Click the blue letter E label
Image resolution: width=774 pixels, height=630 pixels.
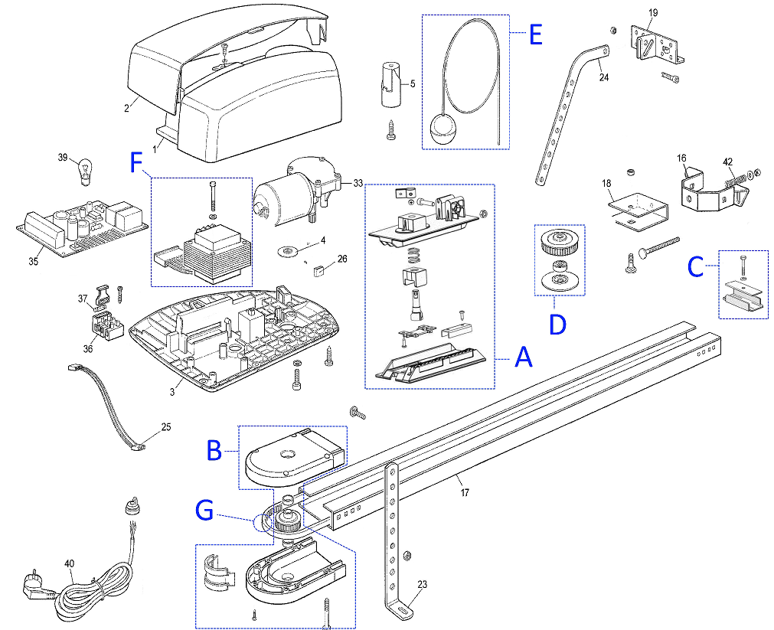536,34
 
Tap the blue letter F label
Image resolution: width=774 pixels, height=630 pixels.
136,162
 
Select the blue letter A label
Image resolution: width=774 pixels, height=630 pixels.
523,357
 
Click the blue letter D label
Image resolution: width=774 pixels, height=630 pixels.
558,325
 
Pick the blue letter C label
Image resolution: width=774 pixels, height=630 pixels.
695,267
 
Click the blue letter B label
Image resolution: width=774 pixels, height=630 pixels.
214,450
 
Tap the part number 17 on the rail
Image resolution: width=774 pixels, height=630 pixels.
465,492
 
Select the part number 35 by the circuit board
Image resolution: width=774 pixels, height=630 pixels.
33,261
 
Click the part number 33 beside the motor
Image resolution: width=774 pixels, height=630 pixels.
358,183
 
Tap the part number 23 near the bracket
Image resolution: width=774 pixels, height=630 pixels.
422,584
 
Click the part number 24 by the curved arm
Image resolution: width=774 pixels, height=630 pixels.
604,77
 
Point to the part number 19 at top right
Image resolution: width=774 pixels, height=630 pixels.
653,12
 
